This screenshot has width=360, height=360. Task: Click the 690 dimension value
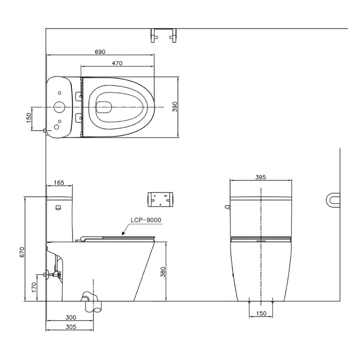100,52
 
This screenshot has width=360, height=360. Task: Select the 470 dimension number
117,63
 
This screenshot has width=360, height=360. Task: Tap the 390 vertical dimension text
175,107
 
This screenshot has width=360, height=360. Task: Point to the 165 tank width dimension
59,183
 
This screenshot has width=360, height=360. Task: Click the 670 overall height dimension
22,252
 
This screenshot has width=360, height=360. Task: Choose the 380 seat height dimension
163,272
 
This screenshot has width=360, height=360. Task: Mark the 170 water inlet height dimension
34,287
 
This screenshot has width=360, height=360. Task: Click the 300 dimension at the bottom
71,318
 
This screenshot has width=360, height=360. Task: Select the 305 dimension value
71,327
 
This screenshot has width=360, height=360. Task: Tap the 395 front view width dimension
261,177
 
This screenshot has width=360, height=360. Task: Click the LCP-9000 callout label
146,220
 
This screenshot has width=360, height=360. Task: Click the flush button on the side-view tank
58,208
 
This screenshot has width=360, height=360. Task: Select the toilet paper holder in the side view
160,199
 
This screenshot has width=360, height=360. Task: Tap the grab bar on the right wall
333,200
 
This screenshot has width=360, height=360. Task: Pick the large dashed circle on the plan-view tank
60,107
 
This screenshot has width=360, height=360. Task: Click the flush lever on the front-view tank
228,207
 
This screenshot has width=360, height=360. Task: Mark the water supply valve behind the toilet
52,274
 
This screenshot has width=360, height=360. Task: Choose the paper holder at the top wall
164,36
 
